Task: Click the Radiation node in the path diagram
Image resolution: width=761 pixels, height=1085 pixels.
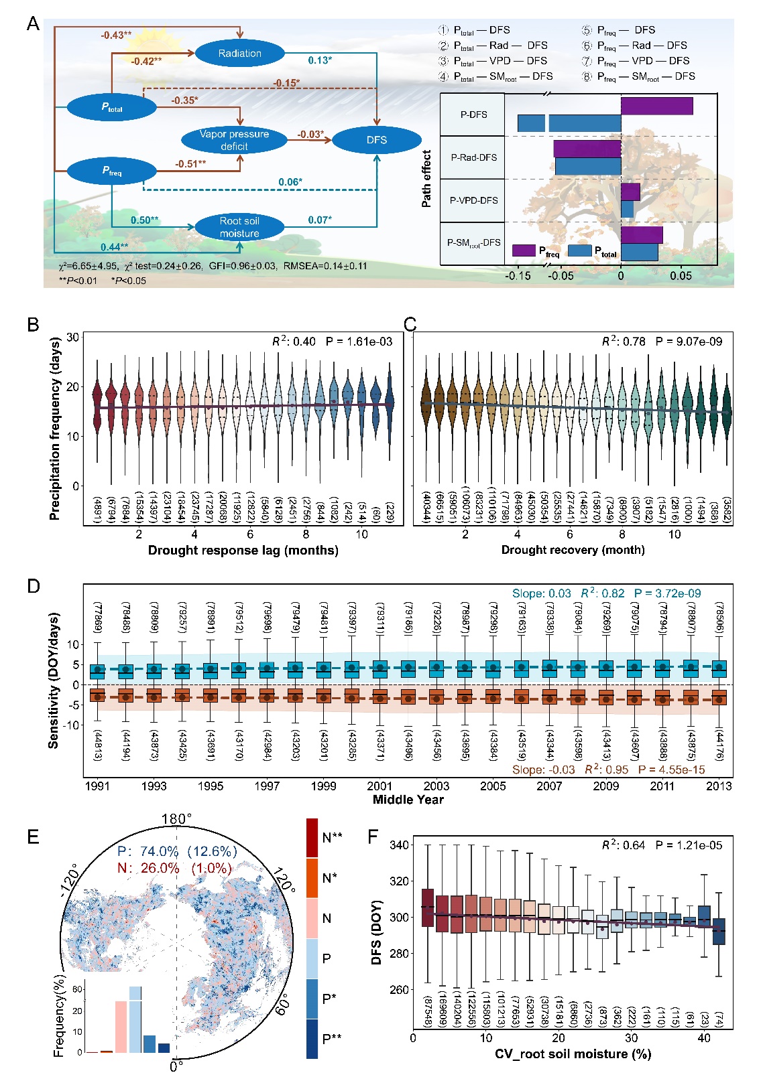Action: click(x=239, y=54)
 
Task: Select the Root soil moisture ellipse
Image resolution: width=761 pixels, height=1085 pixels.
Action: click(x=239, y=227)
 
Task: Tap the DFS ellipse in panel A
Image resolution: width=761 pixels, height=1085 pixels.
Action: click(x=377, y=140)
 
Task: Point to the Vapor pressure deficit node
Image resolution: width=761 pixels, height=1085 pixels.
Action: click(x=234, y=140)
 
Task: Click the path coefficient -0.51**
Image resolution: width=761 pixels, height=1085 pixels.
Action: click(x=190, y=164)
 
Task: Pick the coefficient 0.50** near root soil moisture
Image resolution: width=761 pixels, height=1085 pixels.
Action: click(x=145, y=220)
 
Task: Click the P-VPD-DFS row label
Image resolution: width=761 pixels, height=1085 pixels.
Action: click(x=473, y=200)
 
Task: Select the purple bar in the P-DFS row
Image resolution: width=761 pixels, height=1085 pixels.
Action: click(x=656, y=106)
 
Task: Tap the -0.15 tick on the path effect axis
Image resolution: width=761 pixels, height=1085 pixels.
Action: click(x=518, y=275)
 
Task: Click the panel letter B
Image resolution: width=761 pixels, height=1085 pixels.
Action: click(x=33, y=325)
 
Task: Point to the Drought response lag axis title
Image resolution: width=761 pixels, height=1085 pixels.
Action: click(x=243, y=551)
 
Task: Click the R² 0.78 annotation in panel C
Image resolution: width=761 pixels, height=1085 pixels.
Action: click(x=624, y=342)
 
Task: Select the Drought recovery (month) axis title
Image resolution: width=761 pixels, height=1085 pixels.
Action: click(x=573, y=550)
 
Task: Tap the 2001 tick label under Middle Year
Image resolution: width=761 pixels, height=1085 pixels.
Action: click(x=379, y=786)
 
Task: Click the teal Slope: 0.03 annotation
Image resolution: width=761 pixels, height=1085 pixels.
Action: click(x=541, y=593)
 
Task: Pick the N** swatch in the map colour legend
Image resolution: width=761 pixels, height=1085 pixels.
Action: click(x=312, y=837)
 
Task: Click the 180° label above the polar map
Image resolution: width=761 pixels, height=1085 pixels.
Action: click(x=176, y=819)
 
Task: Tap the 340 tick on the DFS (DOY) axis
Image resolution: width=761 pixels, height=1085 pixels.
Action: click(x=400, y=845)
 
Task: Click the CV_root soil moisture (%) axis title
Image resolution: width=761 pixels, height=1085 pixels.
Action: click(x=573, y=1054)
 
